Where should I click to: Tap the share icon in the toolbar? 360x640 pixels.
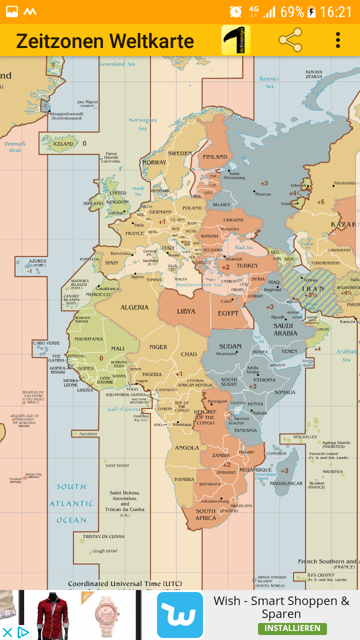[x=290, y=40]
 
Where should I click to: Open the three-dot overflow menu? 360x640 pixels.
[x=338, y=40]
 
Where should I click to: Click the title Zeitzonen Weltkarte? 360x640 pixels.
[x=105, y=40]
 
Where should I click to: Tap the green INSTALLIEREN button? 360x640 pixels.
[x=292, y=628]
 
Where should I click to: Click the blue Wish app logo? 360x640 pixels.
[x=180, y=614]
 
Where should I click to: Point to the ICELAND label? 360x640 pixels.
[x=63, y=144]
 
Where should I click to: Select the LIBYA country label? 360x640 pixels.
[x=186, y=311]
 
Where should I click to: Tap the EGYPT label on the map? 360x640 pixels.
[x=228, y=313]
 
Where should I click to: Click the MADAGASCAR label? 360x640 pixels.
[x=286, y=483]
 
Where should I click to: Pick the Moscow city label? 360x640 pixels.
[x=263, y=194]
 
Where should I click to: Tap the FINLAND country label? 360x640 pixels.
[x=215, y=157]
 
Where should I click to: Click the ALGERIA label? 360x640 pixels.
[x=134, y=307]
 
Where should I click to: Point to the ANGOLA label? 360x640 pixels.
[x=186, y=448]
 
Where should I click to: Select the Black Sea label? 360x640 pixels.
[x=244, y=247]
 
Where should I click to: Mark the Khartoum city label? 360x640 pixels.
[x=226, y=353]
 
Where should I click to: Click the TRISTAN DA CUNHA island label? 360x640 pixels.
[x=103, y=536]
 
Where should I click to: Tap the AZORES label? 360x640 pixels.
[x=37, y=261]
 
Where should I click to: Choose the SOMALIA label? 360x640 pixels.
[x=285, y=392]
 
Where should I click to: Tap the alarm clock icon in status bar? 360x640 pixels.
[x=236, y=11]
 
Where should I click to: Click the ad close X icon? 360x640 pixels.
[x=7, y=632]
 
